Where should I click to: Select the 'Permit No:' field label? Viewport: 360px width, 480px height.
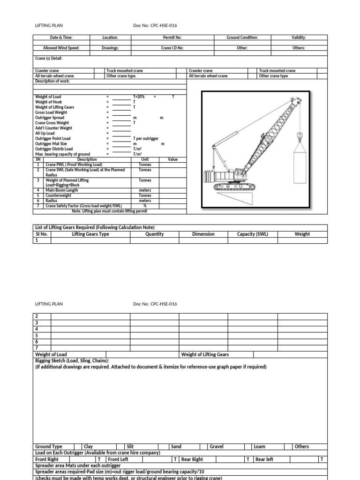click(172, 37)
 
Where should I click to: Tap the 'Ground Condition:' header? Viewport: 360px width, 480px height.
click(242, 37)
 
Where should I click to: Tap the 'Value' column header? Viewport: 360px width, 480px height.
click(173, 159)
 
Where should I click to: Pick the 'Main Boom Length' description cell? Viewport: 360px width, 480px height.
click(61, 191)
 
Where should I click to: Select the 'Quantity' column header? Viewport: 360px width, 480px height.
click(155, 234)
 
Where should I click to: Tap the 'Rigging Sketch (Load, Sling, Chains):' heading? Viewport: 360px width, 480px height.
click(72, 361)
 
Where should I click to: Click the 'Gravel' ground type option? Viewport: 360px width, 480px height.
click(217, 447)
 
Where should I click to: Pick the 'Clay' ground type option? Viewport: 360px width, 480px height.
click(89, 447)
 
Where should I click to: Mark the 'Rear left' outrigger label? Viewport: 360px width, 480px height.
click(264, 459)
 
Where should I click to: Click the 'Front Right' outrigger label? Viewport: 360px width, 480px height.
click(47, 459)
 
